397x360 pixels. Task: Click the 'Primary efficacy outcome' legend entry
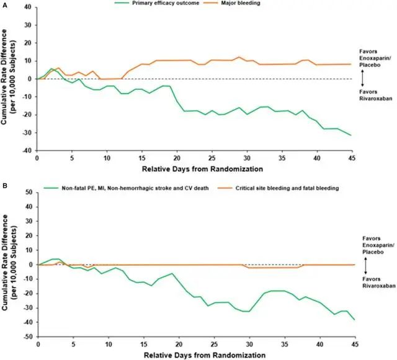[156, 3]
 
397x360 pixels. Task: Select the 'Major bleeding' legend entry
[231, 3]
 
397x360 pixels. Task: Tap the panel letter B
[4, 186]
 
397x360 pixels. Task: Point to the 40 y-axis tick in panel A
[28, 7]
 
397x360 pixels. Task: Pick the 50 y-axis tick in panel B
[29, 193]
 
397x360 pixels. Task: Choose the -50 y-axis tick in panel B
[29, 336]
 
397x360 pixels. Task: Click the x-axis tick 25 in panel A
[212, 159]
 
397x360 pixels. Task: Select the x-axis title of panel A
[202, 169]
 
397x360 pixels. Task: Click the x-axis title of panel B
[205, 355]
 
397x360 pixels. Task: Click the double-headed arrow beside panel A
[362, 78]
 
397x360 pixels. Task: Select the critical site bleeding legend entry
[278, 188]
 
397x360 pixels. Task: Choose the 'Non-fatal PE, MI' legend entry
[126, 188]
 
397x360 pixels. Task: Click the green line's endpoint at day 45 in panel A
[351, 135]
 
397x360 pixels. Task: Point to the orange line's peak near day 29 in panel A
[238, 57]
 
